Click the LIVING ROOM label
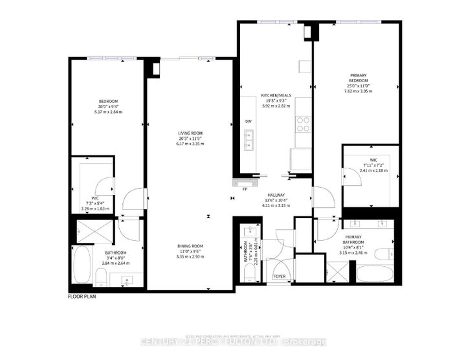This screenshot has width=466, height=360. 190,133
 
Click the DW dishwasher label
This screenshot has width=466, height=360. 249,121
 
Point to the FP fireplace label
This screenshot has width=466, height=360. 245,190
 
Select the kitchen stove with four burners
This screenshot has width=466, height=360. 303,124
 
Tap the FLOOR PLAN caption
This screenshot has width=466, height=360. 83,297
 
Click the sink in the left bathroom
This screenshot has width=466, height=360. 127,280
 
